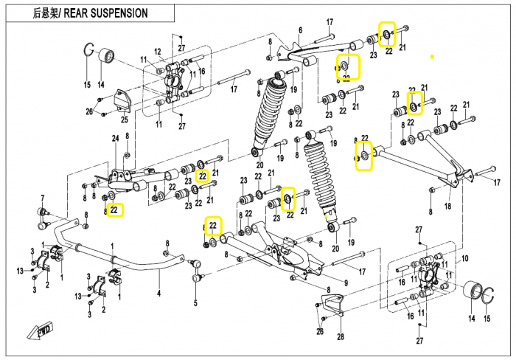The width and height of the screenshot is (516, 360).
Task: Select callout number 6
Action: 300,30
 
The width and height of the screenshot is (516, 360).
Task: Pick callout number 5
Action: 195,302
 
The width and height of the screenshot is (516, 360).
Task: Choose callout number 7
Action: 42,197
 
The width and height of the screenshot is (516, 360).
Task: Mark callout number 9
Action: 345,283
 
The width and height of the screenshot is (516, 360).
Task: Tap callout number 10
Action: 464,259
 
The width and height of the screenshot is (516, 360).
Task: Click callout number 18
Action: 447,207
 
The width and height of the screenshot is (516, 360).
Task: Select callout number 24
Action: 115,139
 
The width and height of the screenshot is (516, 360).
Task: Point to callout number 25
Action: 124,120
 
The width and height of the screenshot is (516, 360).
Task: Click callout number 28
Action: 341,337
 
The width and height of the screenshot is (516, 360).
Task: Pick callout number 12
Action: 158,51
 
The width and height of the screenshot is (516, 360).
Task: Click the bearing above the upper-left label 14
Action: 105,56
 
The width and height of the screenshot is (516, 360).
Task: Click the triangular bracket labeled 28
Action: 333,305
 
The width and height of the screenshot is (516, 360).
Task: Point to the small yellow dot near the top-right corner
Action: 433,57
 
